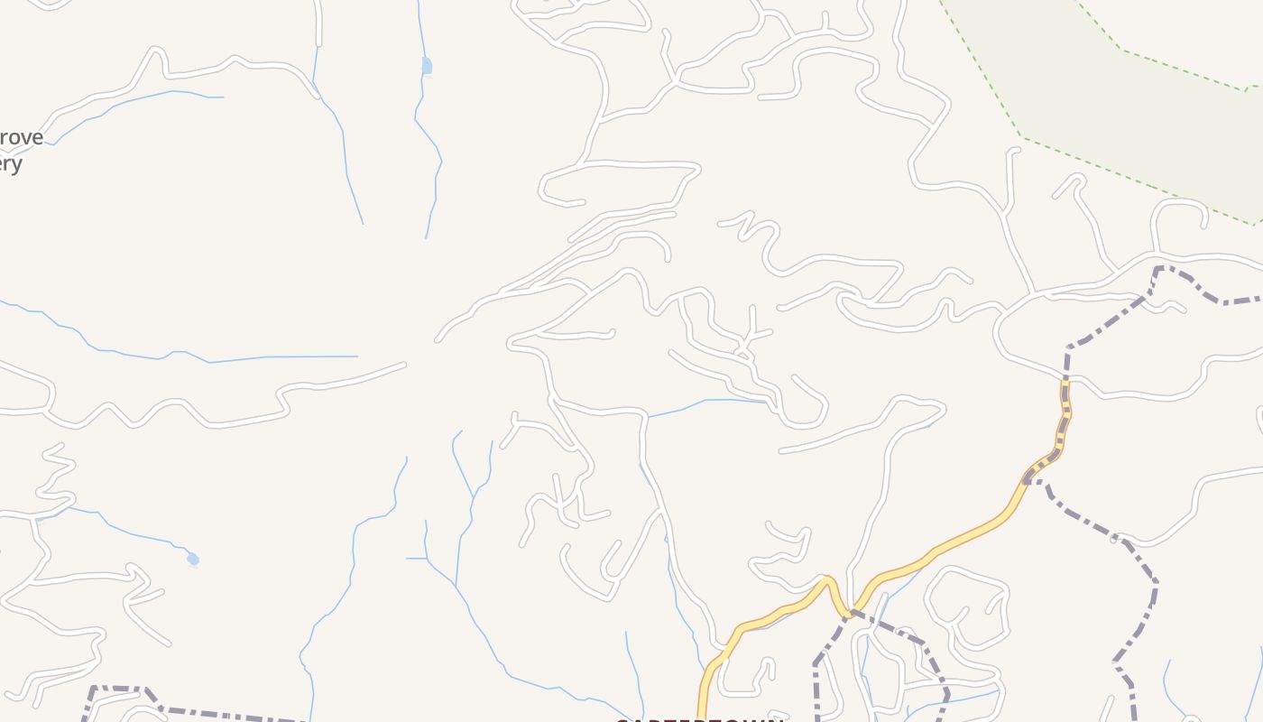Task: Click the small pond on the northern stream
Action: click(x=427, y=66)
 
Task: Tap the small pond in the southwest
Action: click(x=192, y=560)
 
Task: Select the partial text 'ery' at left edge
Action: click(x=11, y=164)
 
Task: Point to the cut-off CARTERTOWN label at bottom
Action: click(x=699, y=719)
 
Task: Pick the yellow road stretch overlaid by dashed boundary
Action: click(x=1065, y=406)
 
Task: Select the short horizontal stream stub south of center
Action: click(x=416, y=559)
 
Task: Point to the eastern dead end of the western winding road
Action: click(x=403, y=365)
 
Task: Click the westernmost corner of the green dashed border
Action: click(x=1022, y=137)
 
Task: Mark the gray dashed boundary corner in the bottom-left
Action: click(x=94, y=689)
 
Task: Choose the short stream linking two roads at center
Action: click(x=704, y=403)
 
